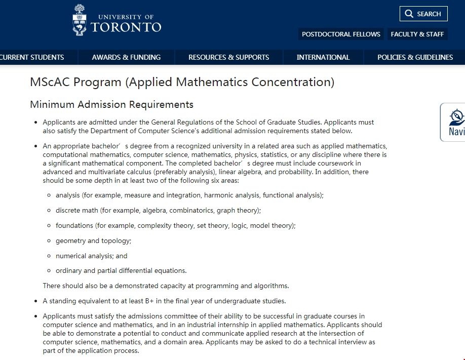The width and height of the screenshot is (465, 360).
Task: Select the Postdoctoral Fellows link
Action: pos(341,34)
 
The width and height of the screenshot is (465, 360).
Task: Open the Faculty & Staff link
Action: pos(417,34)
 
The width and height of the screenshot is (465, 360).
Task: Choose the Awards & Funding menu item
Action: pos(126,57)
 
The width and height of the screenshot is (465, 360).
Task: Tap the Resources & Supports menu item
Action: pos(228,57)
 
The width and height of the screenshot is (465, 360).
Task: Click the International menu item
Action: pos(323,57)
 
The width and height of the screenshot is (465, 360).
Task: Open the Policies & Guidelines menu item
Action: pos(415,57)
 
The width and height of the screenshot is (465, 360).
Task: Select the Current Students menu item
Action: pos(32,57)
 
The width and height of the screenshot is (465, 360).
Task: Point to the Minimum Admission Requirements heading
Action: pos(111,105)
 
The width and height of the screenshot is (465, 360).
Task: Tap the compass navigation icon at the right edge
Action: pos(456,117)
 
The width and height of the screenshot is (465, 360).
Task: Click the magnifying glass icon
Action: pos(409,14)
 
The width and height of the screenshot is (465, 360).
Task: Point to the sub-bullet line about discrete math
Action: pos(158,210)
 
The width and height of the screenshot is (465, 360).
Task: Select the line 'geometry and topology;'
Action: pos(93,241)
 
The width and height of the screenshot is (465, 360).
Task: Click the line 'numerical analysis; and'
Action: pos(91,256)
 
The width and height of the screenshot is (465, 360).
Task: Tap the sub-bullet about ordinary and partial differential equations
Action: pos(121,270)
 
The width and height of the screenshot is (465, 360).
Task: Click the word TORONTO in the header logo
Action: pos(126,27)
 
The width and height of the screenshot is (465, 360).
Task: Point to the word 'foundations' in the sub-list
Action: pos(74,225)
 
